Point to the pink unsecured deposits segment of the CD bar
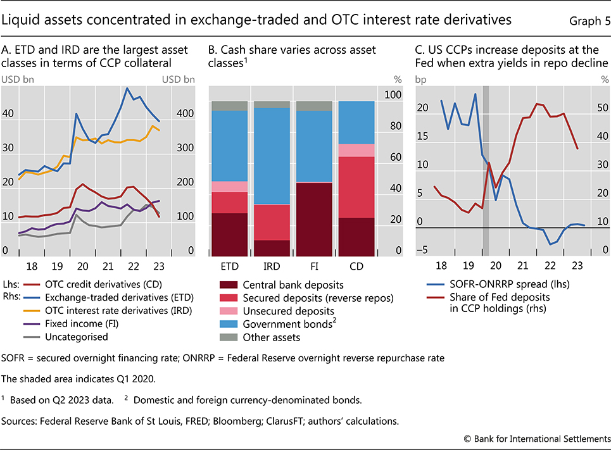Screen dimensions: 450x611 [356, 150]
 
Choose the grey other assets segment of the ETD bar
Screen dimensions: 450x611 [229, 106]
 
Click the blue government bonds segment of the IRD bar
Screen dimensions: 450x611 [272, 156]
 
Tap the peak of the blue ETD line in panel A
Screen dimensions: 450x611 [127, 89]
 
